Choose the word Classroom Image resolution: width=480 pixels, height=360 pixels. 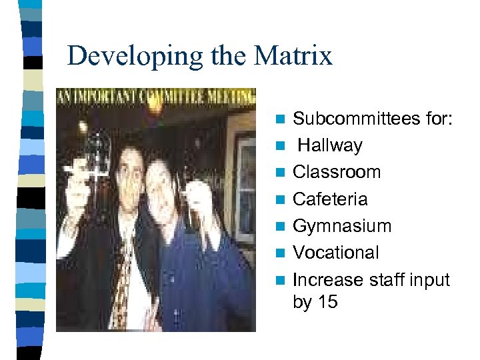(337, 172)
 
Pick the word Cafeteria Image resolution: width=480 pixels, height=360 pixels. (330, 199)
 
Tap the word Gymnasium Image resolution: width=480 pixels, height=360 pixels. (342, 226)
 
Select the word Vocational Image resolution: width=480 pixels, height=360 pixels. (336, 253)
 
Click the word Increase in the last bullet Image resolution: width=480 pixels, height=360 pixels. (327, 279)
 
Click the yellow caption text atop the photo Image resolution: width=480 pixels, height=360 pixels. (155, 95)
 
